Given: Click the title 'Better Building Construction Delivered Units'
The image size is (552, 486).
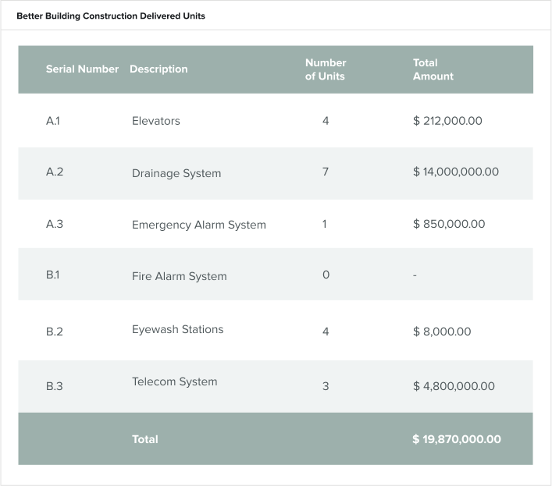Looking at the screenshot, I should click(111, 16).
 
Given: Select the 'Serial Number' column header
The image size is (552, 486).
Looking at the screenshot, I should click(82, 69).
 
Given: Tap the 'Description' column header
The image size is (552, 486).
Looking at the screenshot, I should click(158, 69).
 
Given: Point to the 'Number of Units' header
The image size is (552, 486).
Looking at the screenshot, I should click(325, 69).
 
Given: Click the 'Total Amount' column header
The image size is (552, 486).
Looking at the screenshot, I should click(433, 69).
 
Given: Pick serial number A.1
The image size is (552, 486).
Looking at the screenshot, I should click(53, 121).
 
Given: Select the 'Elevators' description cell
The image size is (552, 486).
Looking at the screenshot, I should click(155, 121).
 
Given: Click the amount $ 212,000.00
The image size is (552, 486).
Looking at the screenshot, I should click(447, 121).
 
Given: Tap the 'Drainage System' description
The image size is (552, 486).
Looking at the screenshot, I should click(176, 173).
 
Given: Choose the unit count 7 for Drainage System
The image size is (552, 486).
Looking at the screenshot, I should click(325, 172).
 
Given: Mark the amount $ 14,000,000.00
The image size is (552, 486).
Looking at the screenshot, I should click(456, 172).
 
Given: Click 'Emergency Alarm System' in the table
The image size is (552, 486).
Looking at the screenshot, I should click(198, 225).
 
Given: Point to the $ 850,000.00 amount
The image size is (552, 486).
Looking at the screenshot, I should click(449, 224).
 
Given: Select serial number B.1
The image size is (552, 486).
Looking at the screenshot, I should click(53, 275).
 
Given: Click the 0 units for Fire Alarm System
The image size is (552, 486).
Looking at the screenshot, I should click(326, 275).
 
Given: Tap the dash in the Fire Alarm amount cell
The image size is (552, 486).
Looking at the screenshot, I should click(415, 275).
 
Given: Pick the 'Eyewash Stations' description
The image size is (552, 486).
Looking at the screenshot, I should click(177, 329).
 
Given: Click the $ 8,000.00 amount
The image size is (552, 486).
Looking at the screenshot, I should click(442, 332).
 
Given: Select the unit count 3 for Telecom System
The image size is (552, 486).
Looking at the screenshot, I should click(325, 386).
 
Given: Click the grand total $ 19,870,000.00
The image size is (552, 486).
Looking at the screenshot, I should click(457, 439).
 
